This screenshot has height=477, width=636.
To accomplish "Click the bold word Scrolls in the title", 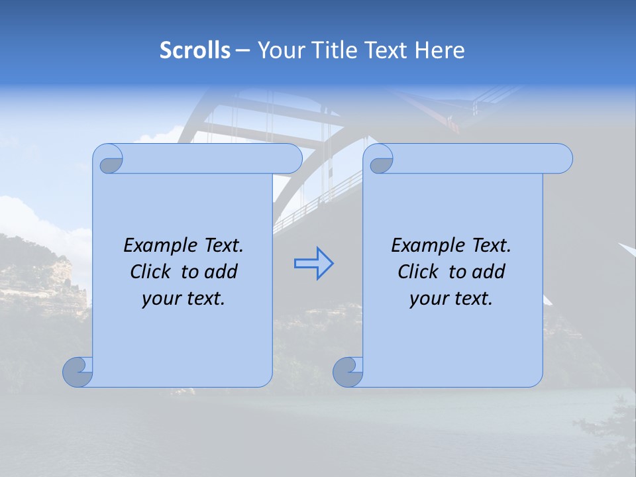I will tap(195, 50).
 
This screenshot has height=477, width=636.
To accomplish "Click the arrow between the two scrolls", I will tap(313, 264).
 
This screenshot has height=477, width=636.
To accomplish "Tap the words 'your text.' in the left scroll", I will tap(184, 298).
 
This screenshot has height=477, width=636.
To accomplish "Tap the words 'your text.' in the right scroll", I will tap(451, 298).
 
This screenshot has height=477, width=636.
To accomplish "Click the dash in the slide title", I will tap(243, 50).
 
